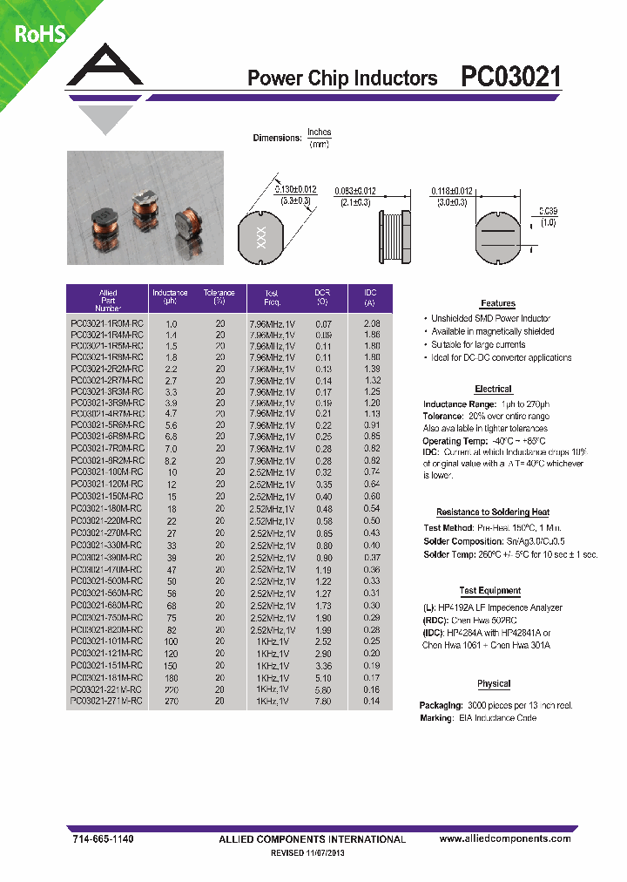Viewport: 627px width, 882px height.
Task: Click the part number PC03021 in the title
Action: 510,78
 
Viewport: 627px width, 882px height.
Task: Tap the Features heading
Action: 497,303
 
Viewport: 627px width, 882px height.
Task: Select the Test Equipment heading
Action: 490,591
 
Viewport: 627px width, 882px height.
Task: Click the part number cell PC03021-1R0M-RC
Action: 106,323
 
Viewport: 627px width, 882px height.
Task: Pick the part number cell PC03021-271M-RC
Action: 106,701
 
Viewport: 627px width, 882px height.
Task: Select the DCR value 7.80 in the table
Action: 322,701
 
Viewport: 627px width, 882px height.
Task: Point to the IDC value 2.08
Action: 372,323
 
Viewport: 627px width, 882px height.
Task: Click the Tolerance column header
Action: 219,296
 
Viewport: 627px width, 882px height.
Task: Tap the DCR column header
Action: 322,296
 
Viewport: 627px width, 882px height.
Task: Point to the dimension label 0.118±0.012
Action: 453,191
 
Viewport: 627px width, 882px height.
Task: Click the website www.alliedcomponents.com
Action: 505,838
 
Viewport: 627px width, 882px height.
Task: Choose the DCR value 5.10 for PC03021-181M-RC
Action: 322,677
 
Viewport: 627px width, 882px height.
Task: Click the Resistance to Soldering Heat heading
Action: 492,512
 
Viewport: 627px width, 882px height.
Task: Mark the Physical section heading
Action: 494,684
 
